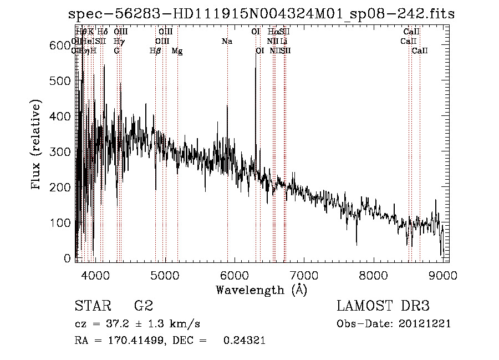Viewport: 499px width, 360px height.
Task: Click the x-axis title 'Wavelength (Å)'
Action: [x=261, y=290]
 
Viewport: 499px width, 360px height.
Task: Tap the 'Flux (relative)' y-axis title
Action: [x=37, y=145]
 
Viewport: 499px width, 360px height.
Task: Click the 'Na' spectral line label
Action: [x=227, y=41]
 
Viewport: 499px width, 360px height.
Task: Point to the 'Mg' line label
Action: [x=177, y=50]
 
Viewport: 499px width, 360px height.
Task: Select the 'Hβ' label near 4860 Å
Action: [x=155, y=50]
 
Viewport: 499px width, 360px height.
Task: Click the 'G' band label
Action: [x=116, y=50]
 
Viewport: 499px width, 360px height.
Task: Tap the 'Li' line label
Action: [x=283, y=41]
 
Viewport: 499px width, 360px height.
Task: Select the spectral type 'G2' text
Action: [x=144, y=306]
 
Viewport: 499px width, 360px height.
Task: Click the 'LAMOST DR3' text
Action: [x=383, y=306]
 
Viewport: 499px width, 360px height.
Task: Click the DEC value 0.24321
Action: [x=244, y=341]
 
